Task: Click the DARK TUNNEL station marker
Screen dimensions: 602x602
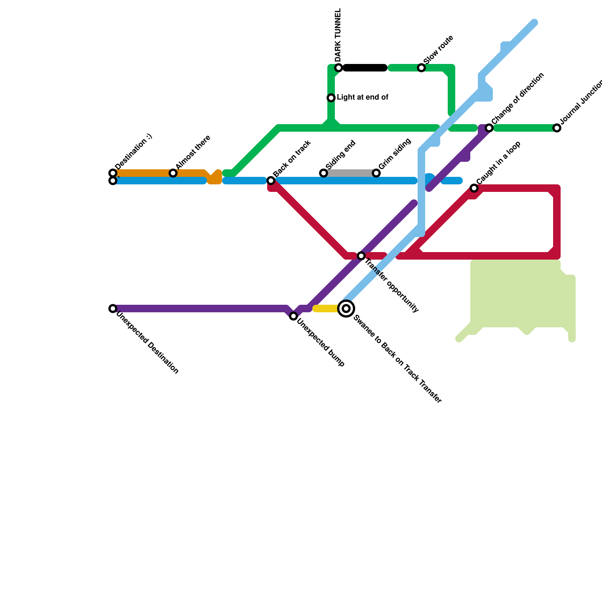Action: pos(339,68)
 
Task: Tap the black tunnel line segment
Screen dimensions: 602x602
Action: pos(365,68)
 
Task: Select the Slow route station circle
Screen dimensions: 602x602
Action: pos(421,68)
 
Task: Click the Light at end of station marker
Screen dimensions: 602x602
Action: pos(331,98)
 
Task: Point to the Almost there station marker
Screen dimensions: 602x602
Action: pos(173,173)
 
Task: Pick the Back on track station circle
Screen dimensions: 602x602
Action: pos(271,181)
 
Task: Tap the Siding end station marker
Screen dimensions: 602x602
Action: pos(324,173)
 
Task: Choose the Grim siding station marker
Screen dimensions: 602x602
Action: pos(376,173)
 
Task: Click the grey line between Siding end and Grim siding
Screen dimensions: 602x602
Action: pos(350,173)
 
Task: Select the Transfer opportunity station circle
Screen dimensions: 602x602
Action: pos(361,256)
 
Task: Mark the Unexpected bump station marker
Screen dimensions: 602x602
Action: pos(293,316)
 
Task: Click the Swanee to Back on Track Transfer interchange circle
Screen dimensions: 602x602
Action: pos(346,309)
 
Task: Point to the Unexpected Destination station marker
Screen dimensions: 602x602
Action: pos(113,309)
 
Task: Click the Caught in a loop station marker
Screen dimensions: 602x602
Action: pos(474,188)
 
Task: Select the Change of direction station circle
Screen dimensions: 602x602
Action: pos(489,128)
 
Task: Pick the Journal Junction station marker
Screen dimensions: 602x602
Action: pos(557,128)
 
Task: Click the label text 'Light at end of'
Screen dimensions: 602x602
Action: pos(362,97)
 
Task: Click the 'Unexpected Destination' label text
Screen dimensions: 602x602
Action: pos(147,343)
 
